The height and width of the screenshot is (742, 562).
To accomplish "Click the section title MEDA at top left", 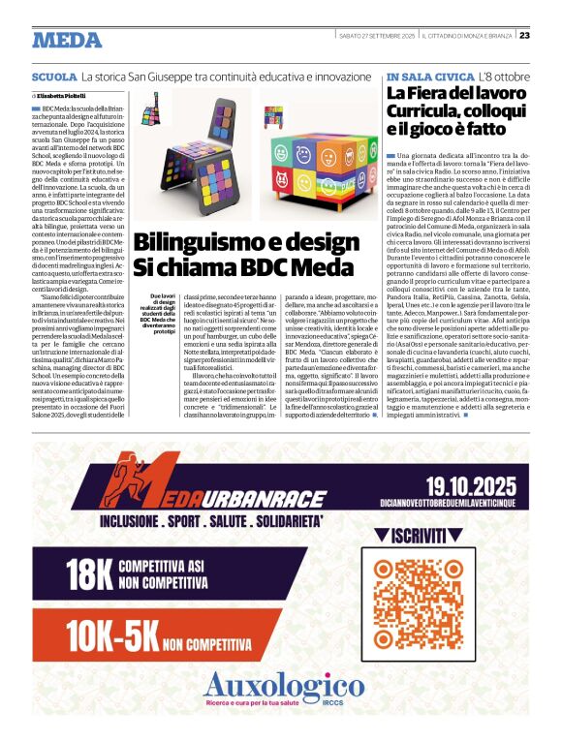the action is coord(67,40).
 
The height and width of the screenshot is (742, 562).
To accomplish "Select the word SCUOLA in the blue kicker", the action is coord(54,76).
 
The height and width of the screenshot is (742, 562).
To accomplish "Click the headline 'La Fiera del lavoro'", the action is coord(445,94).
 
